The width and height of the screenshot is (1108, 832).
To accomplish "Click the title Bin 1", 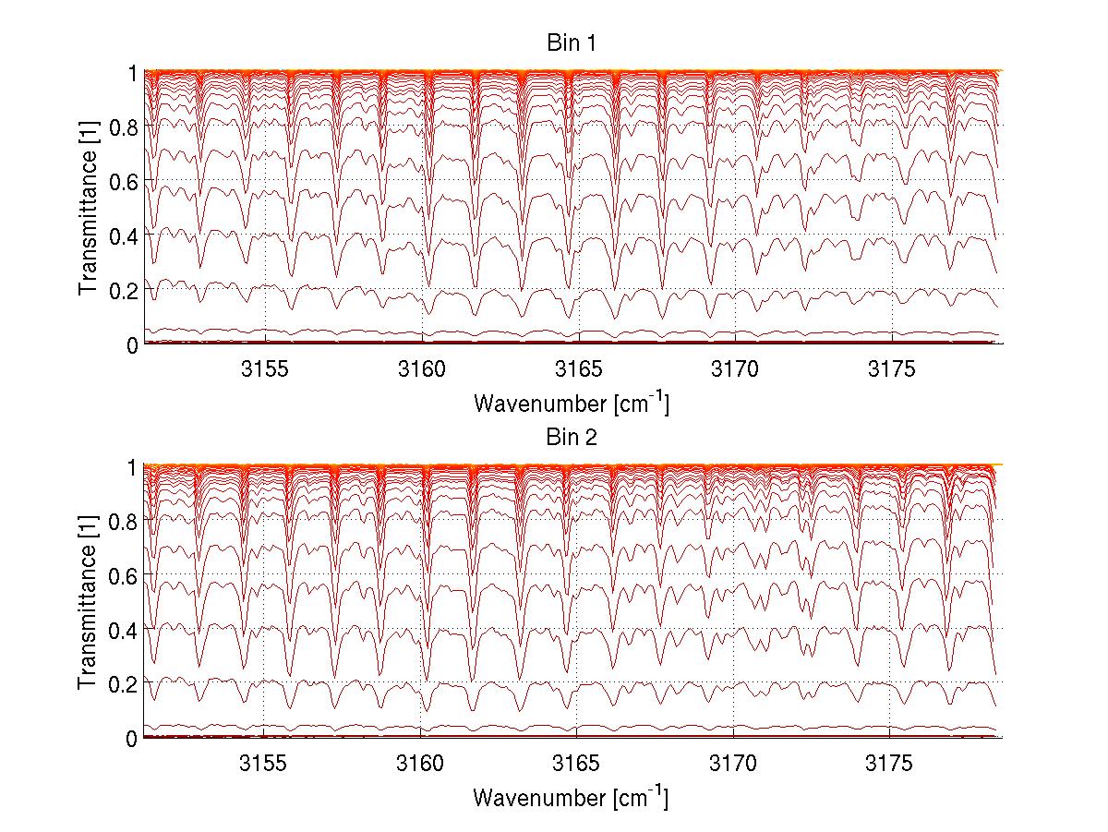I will click(572, 44).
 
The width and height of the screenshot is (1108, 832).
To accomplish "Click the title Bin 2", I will click(572, 438).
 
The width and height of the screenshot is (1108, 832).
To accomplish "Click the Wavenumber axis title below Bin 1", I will click(571, 403).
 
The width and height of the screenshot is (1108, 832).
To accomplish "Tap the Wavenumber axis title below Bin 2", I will click(571, 796).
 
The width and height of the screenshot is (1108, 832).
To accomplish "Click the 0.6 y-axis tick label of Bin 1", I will click(125, 182).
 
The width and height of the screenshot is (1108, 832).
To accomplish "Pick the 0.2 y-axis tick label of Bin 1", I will click(125, 290).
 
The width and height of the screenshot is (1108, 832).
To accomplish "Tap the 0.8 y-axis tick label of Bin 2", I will click(125, 522).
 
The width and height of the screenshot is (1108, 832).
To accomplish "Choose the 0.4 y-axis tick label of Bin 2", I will click(125, 630).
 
